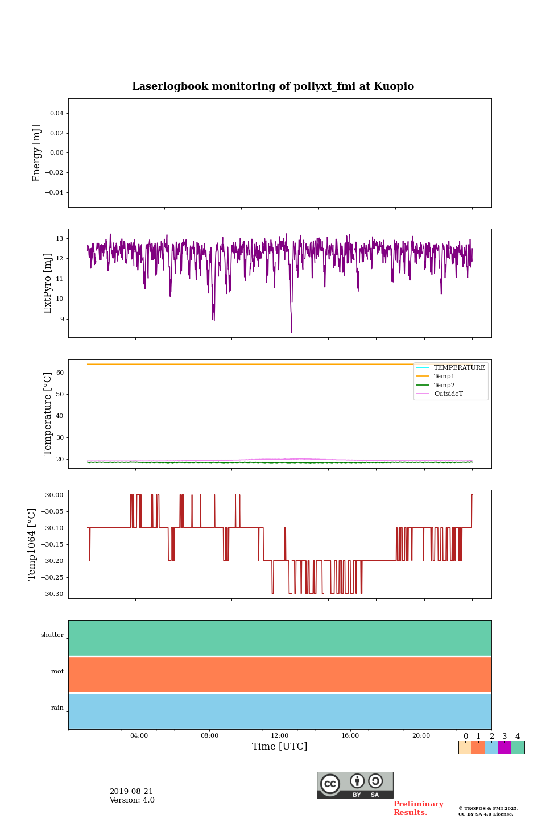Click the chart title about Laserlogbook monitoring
pyautogui.click(x=273, y=86)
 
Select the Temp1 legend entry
pyautogui.click(x=444, y=377)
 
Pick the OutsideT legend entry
pyautogui.click(x=448, y=394)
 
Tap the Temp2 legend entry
pyautogui.click(x=444, y=385)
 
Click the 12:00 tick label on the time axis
pyautogui.click(x=280, y=736)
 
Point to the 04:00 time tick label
pyautogui.click(x=139, y=736)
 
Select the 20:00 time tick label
pyautogui.click(x=421, y=736)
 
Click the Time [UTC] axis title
pyautogui.click(x=280, y=747)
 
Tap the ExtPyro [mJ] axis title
pyautogui.click(x=48, y=283)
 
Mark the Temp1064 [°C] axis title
pyautogui.click(x=32, y=544)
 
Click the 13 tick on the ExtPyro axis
pyautogui.click(x=59, y=238)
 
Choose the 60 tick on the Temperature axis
pyautogui.click(x=60, y=373)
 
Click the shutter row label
pyautogui.click(x=52, y=635)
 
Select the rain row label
pyautogui.click(x=57, y=708)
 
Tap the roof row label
pyautogui.click(x=57, y=672)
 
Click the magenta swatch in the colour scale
pyautogui.click(x=504, y=747)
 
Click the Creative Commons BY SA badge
pyautogui.click(x=355, y=785)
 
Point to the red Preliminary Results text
pyautogui.click(x=418, y=808)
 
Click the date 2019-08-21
pyautogui.click(x=131, y=792)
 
